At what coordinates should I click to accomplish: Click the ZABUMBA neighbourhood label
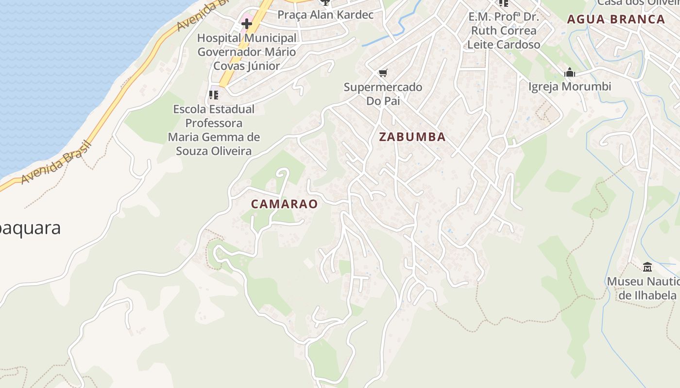[412, 137]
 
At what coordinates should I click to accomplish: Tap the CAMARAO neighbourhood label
[284, 204]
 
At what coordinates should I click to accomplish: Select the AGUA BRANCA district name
[616, 19]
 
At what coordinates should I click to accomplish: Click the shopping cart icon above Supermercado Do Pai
[383, 73]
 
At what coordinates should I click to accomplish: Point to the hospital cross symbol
[247, 23]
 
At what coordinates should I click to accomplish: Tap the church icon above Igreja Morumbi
[570, 73]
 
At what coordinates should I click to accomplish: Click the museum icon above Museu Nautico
[647, 267]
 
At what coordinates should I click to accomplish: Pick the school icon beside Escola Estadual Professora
[214, 95]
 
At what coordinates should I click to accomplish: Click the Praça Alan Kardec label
[325, 15]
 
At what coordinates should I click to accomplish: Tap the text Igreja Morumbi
[570, 87]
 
